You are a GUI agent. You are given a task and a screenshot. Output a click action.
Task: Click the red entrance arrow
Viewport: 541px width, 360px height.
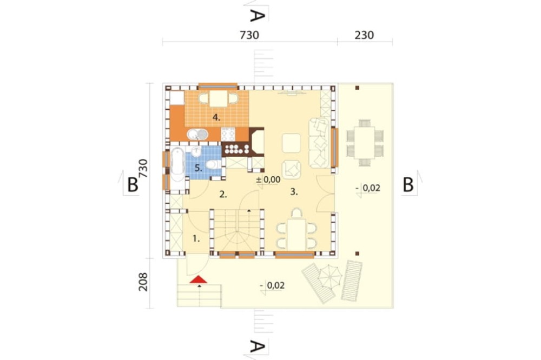point(198,279)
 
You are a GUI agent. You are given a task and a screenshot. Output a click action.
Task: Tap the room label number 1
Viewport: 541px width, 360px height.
point(196,238)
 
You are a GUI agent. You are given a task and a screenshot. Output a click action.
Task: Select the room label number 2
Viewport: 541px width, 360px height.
point(223,195)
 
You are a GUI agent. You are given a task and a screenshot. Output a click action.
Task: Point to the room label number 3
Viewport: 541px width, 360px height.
point(294,192)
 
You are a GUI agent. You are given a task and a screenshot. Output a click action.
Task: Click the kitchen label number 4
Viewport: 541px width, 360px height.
point(216,118)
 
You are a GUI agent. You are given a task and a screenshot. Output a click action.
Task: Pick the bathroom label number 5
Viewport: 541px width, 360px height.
point(198,168)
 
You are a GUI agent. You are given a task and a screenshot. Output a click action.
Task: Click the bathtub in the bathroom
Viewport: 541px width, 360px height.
point(177,164)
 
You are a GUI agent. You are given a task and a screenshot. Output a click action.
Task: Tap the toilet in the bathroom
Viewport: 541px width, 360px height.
point(213,164)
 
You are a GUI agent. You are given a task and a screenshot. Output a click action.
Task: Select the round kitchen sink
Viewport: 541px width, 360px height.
point(197,134)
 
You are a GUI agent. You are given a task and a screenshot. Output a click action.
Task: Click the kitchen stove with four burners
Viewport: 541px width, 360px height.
point(228,134)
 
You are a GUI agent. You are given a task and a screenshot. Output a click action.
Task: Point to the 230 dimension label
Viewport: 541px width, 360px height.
point(364,35)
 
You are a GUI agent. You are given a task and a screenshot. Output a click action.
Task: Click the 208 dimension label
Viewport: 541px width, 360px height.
point(143,282)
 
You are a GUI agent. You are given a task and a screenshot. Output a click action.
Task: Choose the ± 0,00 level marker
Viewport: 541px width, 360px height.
point(268,179)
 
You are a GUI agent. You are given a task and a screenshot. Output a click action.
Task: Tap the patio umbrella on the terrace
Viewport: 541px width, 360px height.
point(329,276)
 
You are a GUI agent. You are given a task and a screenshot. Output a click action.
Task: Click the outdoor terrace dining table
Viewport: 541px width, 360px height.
point(365,142)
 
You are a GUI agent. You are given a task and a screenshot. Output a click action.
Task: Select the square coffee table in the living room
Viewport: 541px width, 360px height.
point(291,143)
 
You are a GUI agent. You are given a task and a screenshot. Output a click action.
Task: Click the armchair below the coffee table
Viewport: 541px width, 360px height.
point(292,170)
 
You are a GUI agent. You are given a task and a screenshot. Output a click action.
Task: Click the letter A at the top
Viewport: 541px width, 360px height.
point(256,16)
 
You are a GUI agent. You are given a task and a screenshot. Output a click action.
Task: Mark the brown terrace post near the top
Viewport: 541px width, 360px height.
point(358,88)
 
